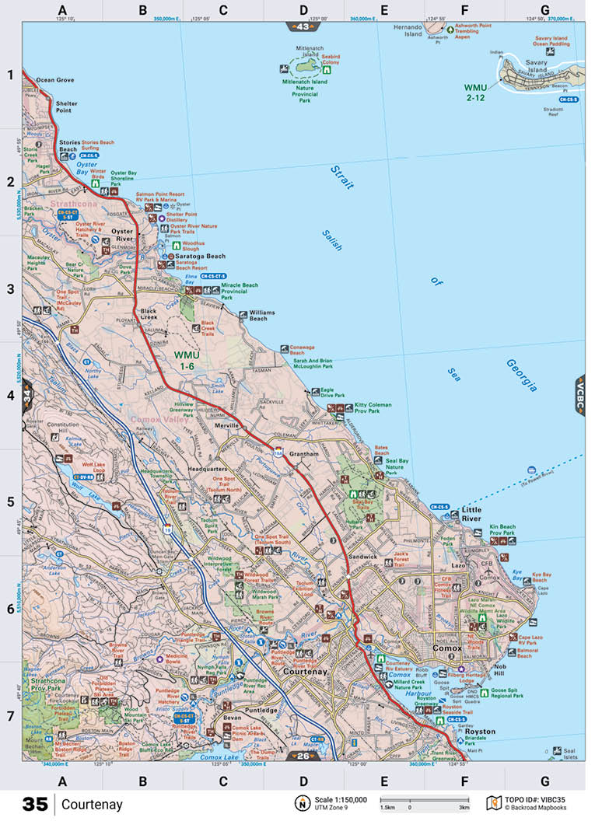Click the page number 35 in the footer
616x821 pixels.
pos(35,804)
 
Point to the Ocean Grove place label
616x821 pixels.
pos(55,80)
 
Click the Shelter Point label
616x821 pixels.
pos(66,107)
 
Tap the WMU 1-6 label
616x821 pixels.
pos(187,360)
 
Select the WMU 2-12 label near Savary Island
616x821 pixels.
pos(480,91)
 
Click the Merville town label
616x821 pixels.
pos(228,426)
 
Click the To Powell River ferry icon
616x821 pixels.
pos(531,470)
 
